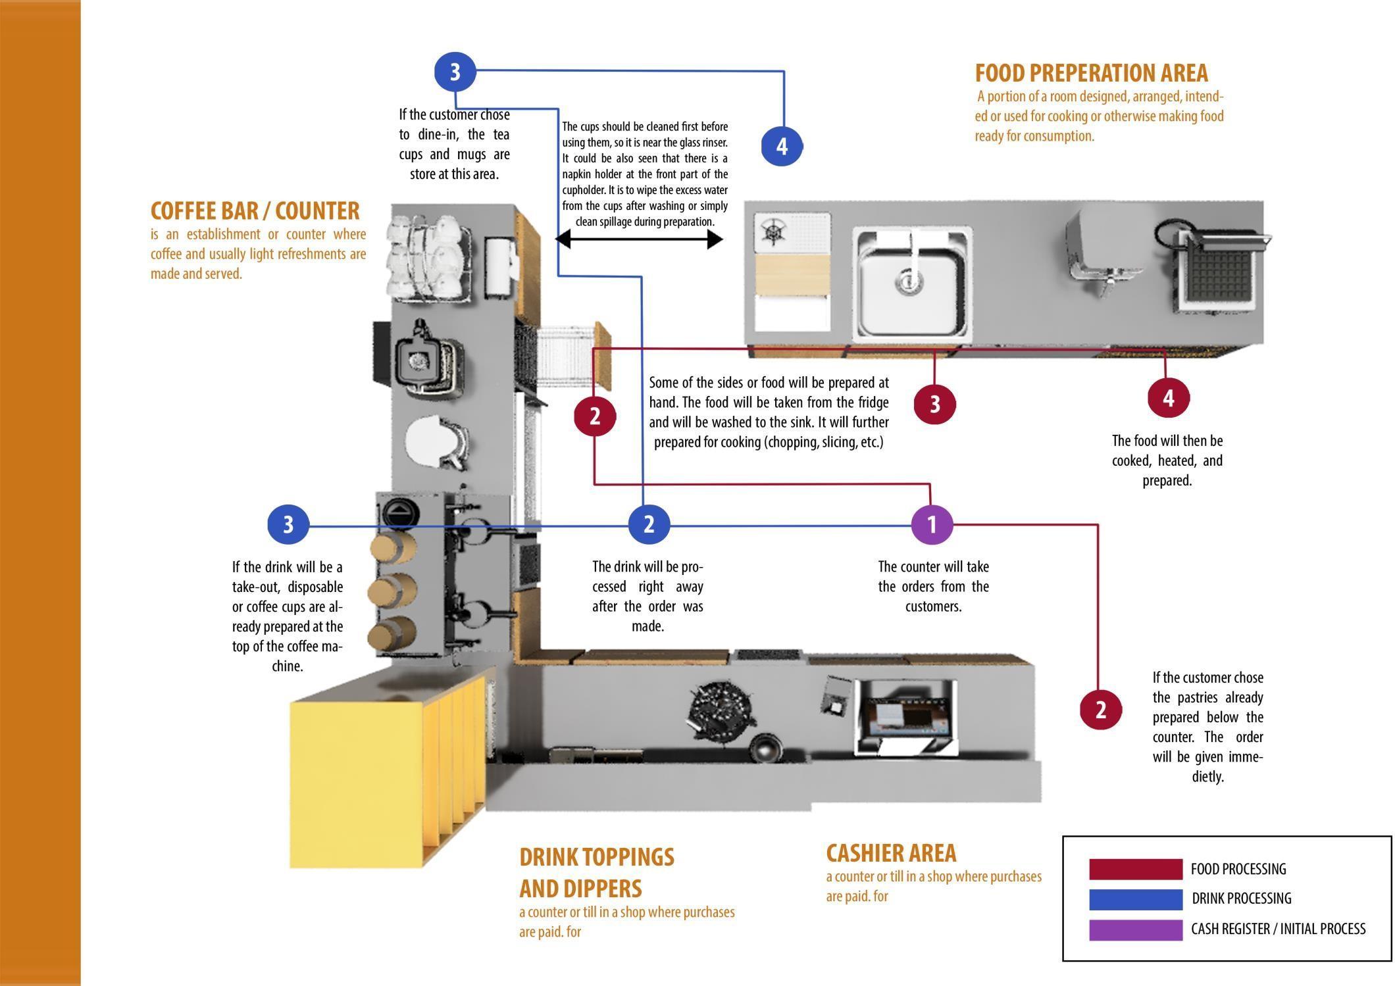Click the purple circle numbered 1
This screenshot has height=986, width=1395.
(932, 525)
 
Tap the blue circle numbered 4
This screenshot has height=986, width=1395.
(782, 146)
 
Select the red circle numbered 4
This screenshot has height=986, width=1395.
(1169, 398)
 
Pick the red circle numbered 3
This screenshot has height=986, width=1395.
(934, 404)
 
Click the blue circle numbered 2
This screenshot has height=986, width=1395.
(649, 524)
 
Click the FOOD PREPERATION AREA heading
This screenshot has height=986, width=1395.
(1092, 72)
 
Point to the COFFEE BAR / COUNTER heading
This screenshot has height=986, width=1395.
(255, 210)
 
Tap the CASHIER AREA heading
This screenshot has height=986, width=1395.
(891, 852)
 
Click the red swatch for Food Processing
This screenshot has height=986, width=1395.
(1135, 869)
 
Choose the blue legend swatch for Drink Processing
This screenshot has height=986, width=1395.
(1135, 899)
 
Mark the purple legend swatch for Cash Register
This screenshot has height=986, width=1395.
(1135, 929)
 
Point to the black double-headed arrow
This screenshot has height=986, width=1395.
(640, 239)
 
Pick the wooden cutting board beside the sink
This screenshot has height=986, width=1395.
(792, 274)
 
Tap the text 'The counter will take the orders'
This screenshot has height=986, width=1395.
(933, 576)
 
